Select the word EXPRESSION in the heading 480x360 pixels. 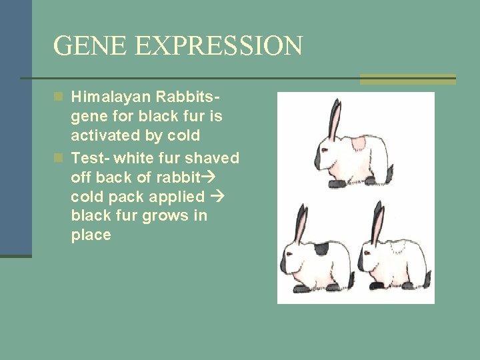(x=219, y=46)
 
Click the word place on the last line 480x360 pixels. (x=91, y=235)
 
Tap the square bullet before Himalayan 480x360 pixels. (x=59, y=97)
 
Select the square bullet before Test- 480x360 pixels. (x=59, y=158)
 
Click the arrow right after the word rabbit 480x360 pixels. (x=208, y=177)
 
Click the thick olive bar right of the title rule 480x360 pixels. (x=407, y=79)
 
